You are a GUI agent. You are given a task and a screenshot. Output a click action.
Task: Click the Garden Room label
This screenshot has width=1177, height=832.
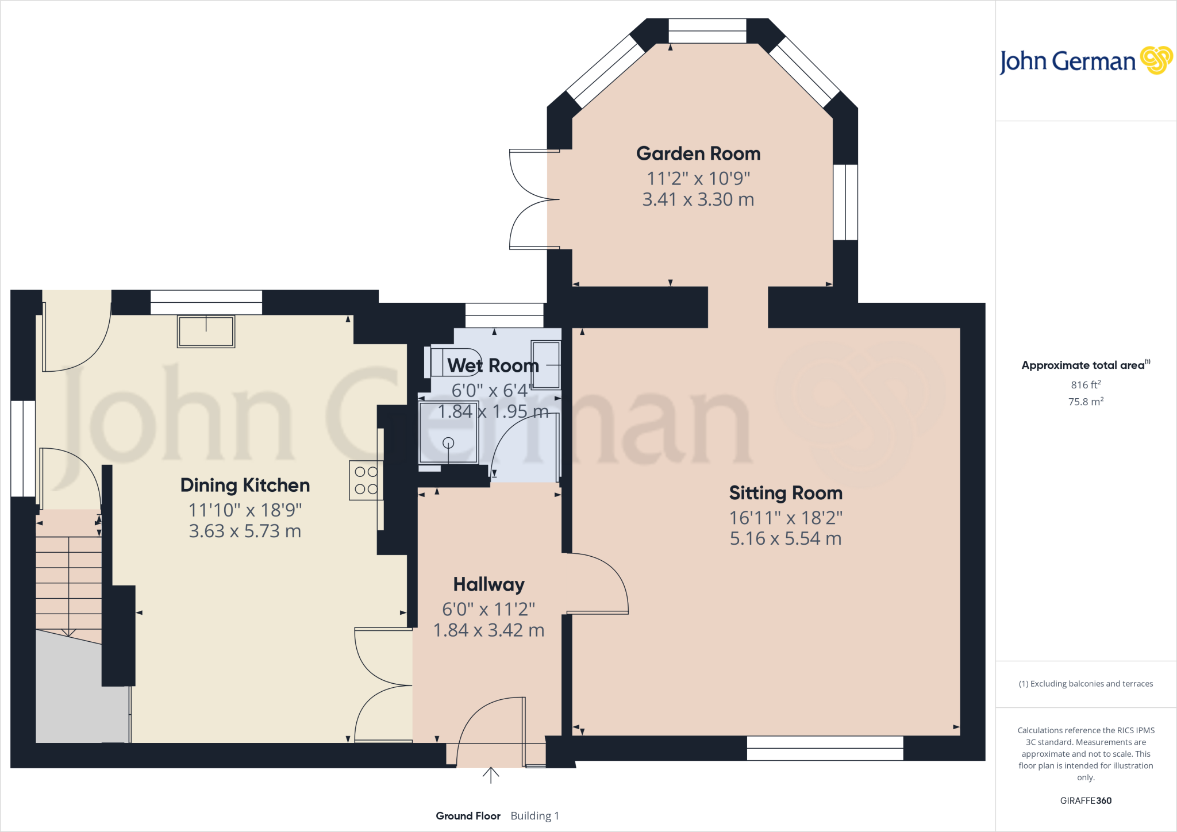pos(698,154)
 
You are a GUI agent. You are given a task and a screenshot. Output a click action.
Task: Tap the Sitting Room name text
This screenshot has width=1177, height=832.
pos(785,493)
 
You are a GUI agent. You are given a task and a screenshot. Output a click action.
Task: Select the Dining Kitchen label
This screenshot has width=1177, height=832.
pos(245,486)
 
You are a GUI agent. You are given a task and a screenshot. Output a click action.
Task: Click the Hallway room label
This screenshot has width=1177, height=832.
pos(489,584)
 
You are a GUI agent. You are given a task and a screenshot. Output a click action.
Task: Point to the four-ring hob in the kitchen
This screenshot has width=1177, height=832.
pos(366,480)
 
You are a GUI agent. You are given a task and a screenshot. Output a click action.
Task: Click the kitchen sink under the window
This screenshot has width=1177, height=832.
pos(206,332)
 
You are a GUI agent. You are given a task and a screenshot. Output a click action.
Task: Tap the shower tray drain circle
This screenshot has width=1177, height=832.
pos(448,442)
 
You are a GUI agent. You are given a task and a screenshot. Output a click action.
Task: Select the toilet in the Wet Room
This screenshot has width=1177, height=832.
pos(454,362)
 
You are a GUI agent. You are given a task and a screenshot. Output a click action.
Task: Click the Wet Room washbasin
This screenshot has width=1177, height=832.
pos(545,365)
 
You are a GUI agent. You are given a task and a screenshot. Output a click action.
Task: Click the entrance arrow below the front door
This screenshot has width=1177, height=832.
pos(490,775)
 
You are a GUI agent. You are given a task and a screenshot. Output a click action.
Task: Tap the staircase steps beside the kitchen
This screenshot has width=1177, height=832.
pos(68,580)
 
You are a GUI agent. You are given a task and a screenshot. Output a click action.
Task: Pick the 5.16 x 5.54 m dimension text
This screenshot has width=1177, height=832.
pos(785,539)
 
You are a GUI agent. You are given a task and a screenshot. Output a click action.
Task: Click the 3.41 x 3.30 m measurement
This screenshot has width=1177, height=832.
pos(698,200)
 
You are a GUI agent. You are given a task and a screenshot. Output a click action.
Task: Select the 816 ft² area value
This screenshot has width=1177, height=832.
pos(1085,385)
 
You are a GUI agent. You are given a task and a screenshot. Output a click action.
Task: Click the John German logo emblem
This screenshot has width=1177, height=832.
pos(1156,60)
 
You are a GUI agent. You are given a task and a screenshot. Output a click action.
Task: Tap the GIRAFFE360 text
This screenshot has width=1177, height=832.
pos(1085,800)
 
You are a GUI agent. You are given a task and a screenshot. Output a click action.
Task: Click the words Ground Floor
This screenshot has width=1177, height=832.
pos(468,816)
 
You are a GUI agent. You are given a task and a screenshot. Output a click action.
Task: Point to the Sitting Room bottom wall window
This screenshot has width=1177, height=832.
pos(825,748)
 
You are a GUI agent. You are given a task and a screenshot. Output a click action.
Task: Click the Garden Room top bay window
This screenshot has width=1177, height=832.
pos(707,31)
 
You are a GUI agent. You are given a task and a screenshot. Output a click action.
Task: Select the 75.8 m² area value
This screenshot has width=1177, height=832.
pos(1085,402)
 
